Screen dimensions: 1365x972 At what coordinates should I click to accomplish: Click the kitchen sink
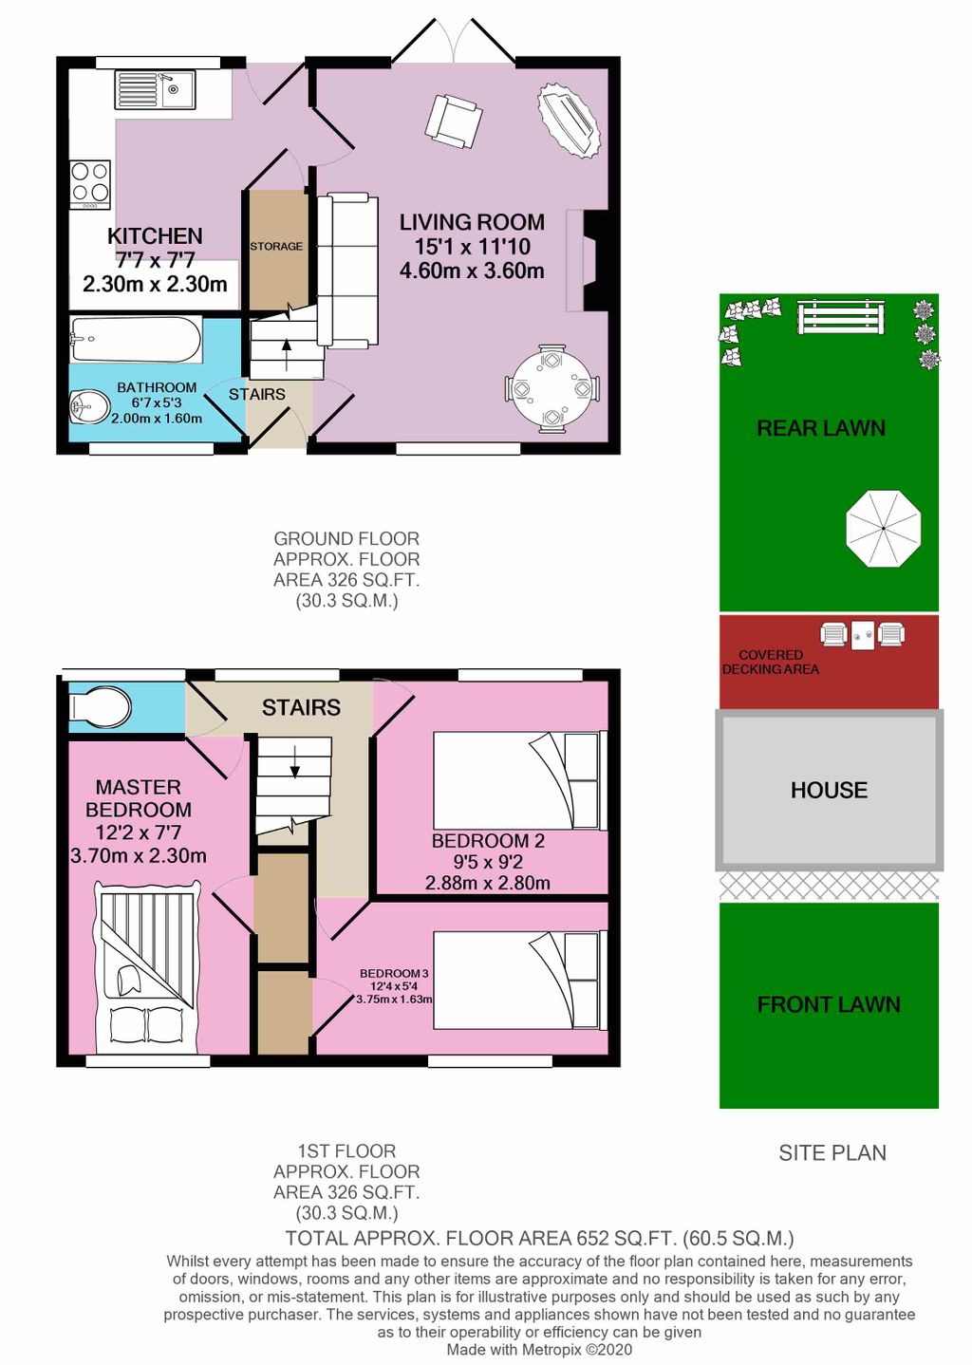[155, 90]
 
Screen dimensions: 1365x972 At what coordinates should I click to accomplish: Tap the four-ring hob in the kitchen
[90, 185]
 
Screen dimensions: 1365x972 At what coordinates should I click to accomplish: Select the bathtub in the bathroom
[135, 339]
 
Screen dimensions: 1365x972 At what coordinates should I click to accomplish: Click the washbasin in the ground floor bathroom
[88, 408]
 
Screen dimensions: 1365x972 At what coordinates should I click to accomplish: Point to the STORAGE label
[276, 246]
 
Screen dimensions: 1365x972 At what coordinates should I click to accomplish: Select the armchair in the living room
[453, 121]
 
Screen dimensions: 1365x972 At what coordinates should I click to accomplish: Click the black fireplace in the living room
[595, 260]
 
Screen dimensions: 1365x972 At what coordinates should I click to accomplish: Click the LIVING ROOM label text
[472, 222]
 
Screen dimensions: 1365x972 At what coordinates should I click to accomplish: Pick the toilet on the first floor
[101, 707]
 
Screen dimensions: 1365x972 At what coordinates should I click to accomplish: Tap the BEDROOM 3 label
[394, 973]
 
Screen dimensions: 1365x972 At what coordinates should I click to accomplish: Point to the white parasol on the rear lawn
[883, 529]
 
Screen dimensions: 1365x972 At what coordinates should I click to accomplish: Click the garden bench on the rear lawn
[841, 316]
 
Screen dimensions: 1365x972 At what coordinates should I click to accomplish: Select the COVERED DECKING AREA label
[770, 662]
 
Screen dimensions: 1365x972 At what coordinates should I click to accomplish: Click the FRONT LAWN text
[829, 1004]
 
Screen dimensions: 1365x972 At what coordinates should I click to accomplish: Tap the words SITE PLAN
[832, 1152]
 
